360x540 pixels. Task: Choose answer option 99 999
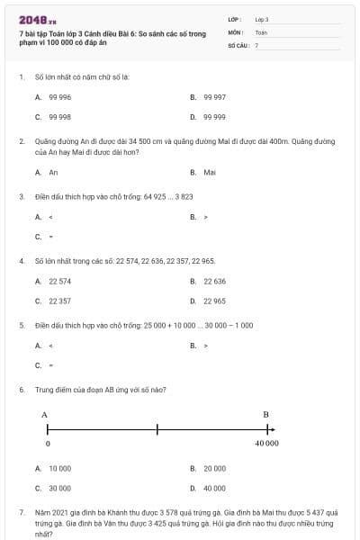(x=214, y=117)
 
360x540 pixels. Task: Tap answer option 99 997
(x=214, y=96)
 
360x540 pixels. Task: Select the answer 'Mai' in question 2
(x=210, y=172)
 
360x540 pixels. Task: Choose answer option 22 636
(x=214, y=281)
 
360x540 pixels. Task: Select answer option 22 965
(x=214, y=301)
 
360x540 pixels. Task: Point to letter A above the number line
(x=44, y=414)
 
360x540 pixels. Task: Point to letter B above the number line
(x=265, y=414)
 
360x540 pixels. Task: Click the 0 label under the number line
(x=47, y=444)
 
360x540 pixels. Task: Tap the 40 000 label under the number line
(x=266, y=444)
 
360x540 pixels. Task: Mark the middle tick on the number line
(x=157, y=428)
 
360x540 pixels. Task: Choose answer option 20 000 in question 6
(x=214, y=468)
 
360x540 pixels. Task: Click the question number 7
(x=21, y=511)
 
